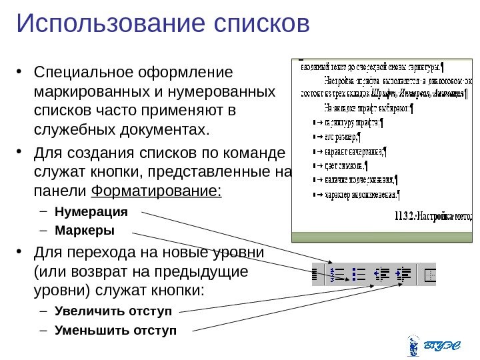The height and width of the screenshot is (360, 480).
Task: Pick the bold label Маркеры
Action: [x=85, y=231]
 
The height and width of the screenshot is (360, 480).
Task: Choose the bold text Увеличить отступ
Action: [x=113, y=311]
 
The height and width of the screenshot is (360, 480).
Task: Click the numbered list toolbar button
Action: [x=337, y=274]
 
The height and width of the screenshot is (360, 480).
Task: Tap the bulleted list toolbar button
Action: [x=359, y=274]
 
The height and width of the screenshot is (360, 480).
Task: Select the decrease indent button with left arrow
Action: [x=382, y=274]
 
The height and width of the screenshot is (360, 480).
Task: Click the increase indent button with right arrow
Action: [x=403, y=274]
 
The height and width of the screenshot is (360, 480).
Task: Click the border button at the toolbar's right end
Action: [x=429, y=274]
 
